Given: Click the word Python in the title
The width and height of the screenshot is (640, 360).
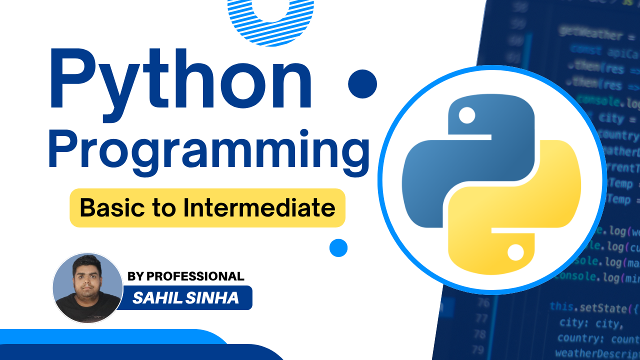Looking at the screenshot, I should click(x=180, y=80).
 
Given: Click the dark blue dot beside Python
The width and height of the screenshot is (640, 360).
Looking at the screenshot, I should click(x=362, y=83).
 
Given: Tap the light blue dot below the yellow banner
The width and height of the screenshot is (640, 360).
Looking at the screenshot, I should click(x=338, y=248).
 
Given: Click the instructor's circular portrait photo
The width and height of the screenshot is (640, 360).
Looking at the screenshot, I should click(x=87, y=287).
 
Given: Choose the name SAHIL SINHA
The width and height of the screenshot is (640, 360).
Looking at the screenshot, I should click(x=185, y=298).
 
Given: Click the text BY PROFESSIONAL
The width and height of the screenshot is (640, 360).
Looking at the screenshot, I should click(x=186, y=276).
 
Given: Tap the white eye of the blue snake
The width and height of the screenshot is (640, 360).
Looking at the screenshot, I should click(x=467, y=116).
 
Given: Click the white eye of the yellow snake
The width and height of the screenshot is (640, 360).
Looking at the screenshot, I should click(x=515, y=252).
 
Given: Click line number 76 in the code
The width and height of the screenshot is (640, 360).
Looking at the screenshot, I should click(x=483, y=303).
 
